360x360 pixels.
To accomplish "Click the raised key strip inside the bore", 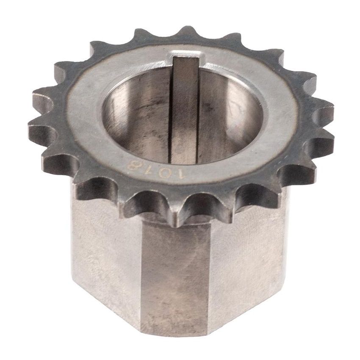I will (185, 112).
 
